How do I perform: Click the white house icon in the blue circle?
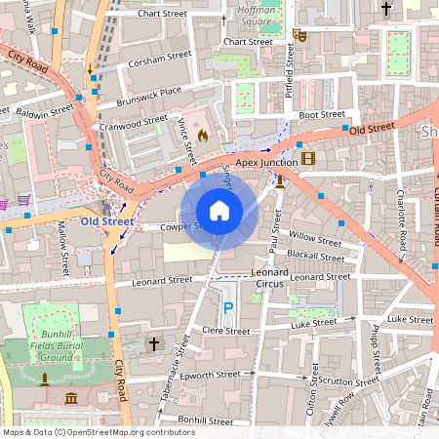[219, 211]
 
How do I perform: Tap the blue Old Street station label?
[106, 221]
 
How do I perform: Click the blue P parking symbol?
[229, 308]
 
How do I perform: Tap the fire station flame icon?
[203, 136]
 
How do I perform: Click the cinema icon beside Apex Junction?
[308, 158]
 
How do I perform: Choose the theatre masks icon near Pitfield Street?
[300, 35]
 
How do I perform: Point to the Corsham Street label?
[162, 58]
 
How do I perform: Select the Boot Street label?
[321, 114]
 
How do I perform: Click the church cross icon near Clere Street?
[153, 344]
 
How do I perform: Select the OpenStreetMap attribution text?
[98, 431]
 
